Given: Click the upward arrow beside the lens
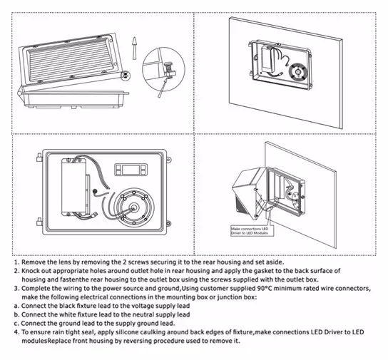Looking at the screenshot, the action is pos(134,48).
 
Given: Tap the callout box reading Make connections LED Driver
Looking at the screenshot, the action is pos(252,231).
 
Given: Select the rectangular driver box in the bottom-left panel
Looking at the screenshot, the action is pos(74,187).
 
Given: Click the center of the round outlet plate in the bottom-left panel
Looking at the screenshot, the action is pos(134,207).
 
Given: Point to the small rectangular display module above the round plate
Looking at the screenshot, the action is pos(131,170).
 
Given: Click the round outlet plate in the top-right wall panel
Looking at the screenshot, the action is pos(298,72).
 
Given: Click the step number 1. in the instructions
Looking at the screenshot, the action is pos(16,262).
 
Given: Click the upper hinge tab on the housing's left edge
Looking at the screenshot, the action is pos(39,158).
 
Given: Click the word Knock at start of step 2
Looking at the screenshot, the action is pos(30,271).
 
